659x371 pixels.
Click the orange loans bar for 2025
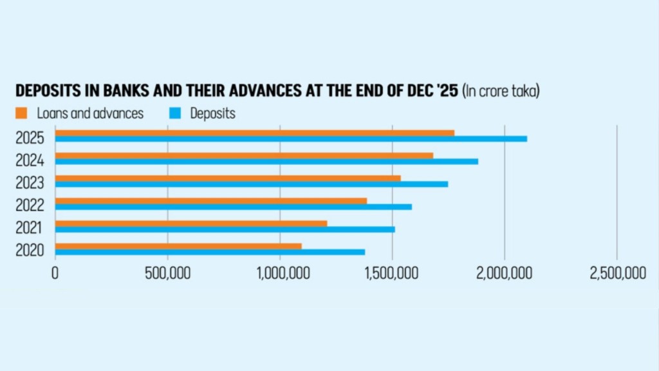255,133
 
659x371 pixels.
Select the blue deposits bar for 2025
291,139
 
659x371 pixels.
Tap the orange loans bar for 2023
228,178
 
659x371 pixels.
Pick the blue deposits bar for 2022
233,207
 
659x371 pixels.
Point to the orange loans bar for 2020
178,246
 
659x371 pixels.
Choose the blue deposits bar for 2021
225,230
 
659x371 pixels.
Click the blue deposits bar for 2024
266,162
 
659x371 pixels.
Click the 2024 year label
30,160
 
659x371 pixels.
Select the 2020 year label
30,251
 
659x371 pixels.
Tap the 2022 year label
30,205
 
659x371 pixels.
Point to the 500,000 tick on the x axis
168,273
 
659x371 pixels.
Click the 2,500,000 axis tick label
617,273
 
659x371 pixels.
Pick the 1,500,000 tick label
392,273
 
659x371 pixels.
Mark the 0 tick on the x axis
55,273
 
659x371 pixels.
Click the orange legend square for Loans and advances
21,113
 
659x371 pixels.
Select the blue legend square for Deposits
175,113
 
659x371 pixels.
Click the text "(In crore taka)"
501,91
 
